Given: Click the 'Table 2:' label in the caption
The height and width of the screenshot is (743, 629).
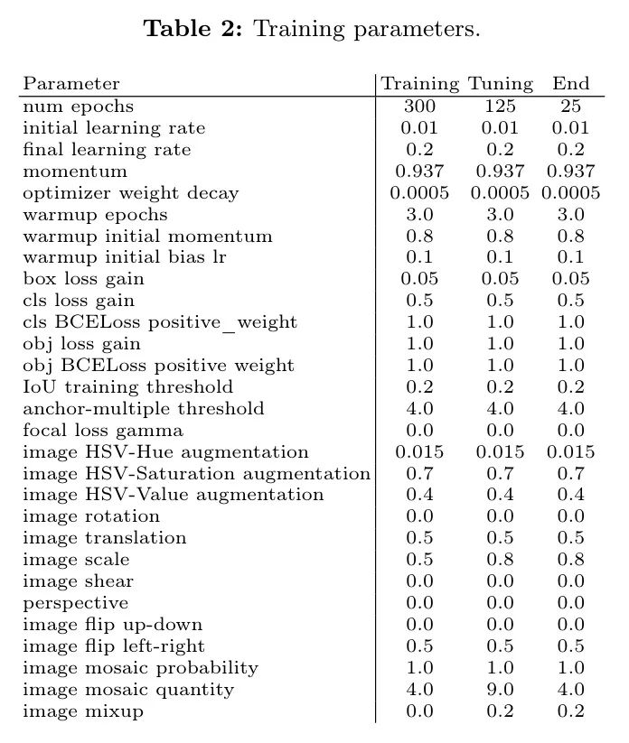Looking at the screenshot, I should click(196, 29).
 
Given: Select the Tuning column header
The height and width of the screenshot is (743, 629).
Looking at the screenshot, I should click(501, 84).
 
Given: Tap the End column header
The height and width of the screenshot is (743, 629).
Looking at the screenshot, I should click(571, 84).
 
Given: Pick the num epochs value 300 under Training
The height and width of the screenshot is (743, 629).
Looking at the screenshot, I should click(419, 107).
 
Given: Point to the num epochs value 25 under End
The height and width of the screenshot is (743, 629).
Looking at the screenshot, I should click(571, 107).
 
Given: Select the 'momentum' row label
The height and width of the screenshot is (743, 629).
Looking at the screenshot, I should click(62, 171).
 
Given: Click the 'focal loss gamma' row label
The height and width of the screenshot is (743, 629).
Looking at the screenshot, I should click(103, 430).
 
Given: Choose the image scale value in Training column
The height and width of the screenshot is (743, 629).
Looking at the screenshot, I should click(419, 560).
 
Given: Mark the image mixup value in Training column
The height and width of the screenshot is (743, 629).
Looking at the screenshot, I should click(419, 711).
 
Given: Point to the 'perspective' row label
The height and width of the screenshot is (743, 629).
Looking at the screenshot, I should click(75, 603).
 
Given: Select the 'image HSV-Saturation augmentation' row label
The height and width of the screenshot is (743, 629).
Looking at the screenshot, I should click(196, 473).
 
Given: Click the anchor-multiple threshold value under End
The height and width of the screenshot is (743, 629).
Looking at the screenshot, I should click(571, 408).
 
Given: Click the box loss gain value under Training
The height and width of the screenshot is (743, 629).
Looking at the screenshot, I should click(419, 279).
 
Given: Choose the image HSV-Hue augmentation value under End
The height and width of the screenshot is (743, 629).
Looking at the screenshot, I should click(571, 451).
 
